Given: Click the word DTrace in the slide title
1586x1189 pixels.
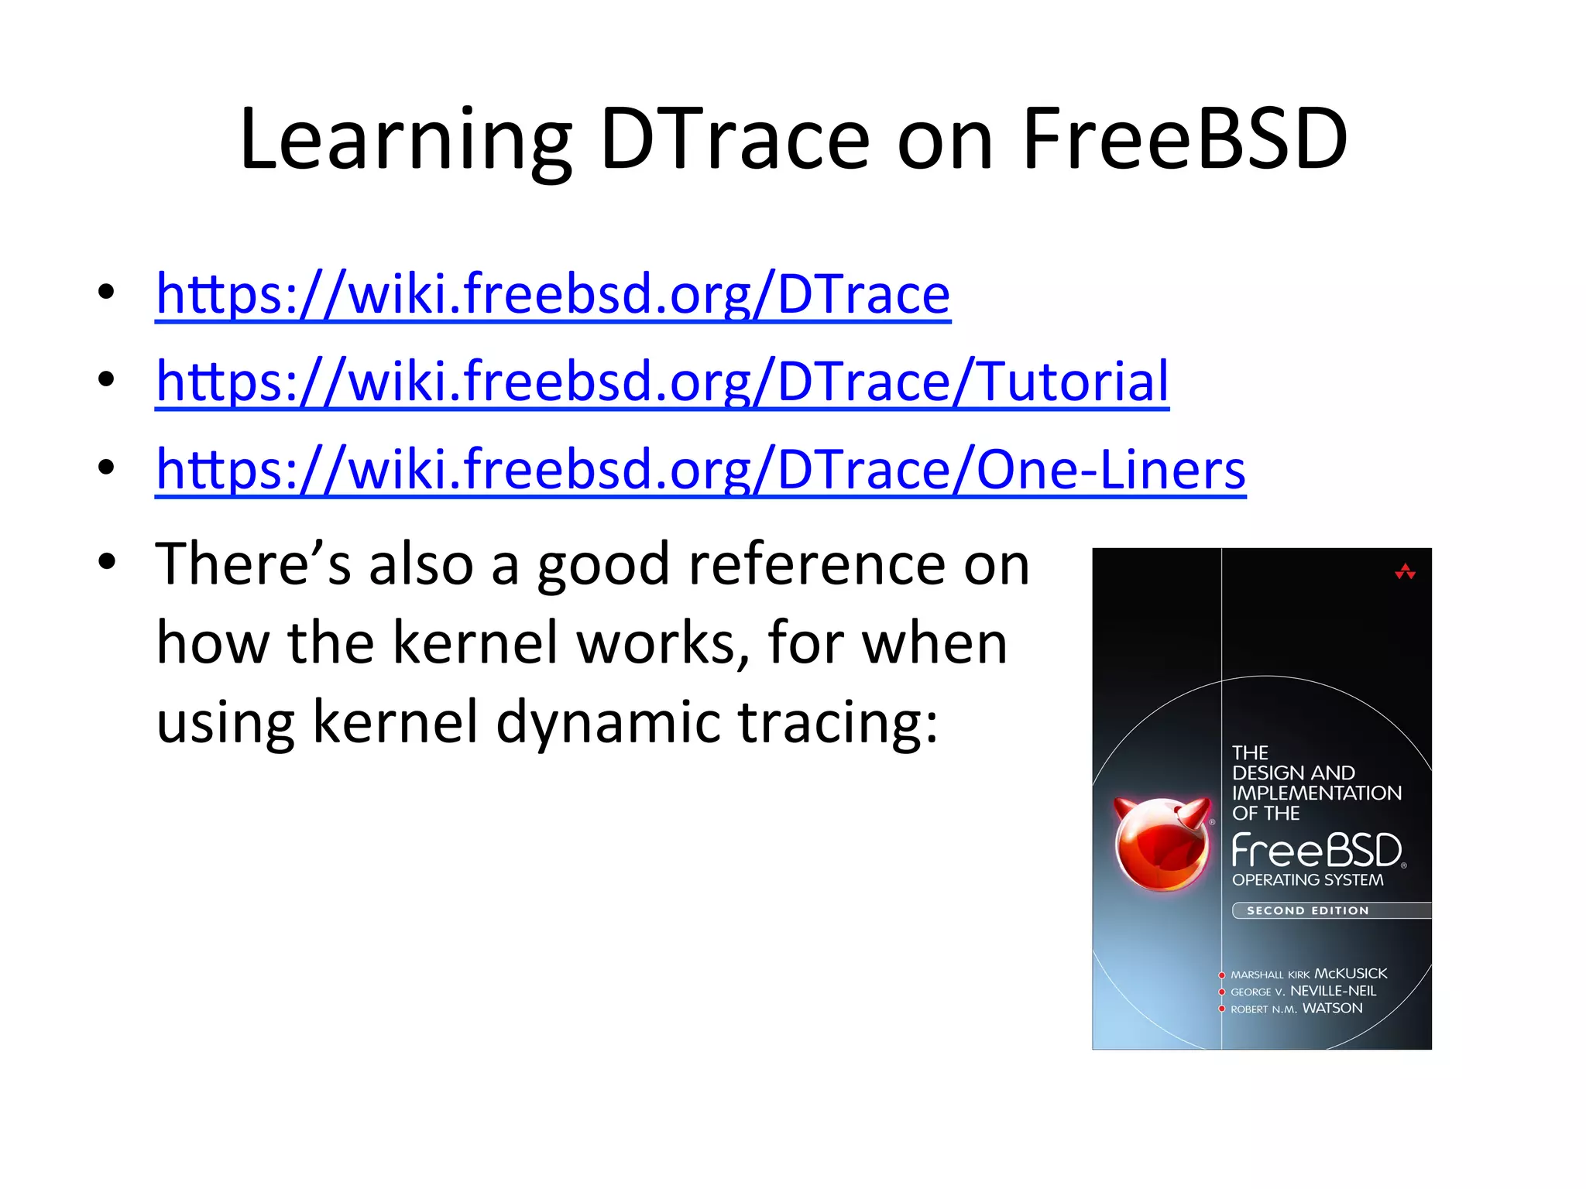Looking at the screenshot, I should pos(735,140).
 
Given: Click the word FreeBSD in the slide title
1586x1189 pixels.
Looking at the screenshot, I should pos(1185,140).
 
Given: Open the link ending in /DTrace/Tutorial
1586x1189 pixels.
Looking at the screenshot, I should pos(662,382).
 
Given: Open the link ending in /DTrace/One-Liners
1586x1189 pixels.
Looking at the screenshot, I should pos(701,470).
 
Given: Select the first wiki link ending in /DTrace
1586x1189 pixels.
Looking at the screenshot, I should pos(553,294).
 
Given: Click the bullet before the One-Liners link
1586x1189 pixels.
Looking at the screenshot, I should pos(107,467).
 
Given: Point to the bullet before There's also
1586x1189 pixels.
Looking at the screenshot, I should pos(107,562).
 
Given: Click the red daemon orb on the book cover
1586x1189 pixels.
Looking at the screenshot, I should pos(1162,845).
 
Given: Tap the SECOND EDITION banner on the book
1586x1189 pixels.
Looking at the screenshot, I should pos(1308,910).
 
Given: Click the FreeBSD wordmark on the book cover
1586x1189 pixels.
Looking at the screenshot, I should pos(1317,851).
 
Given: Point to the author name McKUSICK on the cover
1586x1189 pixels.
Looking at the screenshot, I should pos(1351,974).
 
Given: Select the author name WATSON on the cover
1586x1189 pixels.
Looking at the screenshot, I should pos(1332,1008).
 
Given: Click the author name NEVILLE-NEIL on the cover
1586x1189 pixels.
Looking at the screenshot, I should pos(1333,991).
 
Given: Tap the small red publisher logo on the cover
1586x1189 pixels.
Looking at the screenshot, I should pos(1405,573).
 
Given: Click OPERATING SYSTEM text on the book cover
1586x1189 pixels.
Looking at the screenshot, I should pos(1307,880).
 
